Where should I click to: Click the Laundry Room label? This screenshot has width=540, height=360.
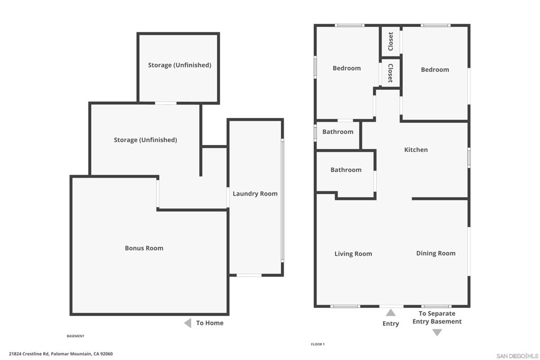(x=255, y=194)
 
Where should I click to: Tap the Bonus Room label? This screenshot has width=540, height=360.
(x=144, y=248)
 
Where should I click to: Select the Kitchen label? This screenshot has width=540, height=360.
(x=416, y=150)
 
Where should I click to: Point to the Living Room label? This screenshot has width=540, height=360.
(x=353, y=254)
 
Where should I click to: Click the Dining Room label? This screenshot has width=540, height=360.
(x=436, y=254)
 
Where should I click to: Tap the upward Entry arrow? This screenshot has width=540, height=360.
(x=391, y=313)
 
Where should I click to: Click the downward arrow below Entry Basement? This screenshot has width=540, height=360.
(x=437, y=332)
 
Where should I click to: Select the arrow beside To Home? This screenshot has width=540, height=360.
(x=187, y=323)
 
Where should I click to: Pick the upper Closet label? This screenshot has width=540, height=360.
(x=391, y=42)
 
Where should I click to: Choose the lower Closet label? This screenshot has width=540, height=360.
(x=391, y=73)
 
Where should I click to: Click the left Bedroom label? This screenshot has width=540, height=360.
(x=346, y=68)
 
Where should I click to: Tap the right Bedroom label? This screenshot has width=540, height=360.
(x=435, y=70)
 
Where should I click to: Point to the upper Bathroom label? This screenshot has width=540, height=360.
(x=338, y=132)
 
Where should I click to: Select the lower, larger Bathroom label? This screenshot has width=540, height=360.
(x=346, y=170)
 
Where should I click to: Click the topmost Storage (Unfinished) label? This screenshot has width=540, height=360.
(x=179, y=65)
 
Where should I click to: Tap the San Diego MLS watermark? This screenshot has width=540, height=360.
(x=517, y=356)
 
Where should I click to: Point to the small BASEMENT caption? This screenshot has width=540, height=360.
(x=75, y=336)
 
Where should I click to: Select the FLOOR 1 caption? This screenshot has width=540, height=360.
(x=317, y=344)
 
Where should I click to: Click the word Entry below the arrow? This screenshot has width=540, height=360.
(x=391, y=324)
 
